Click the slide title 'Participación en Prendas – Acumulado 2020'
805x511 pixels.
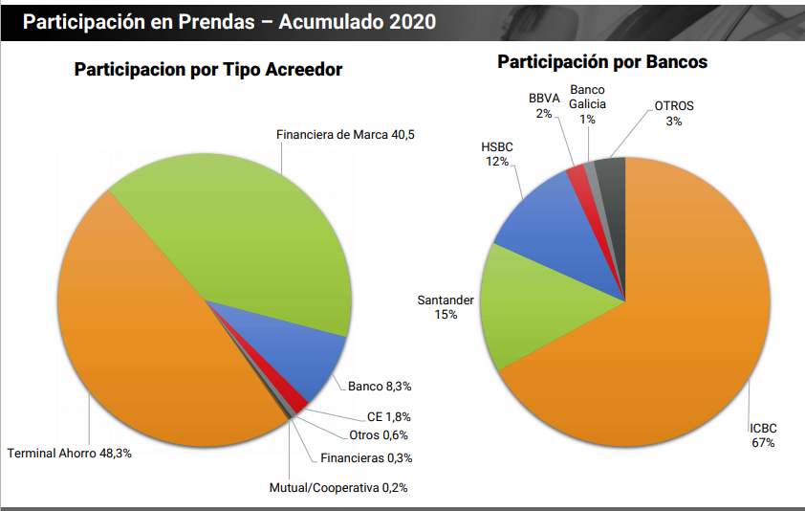pyautogui.click(x=229, y=21)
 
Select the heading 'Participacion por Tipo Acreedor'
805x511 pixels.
pyautogui.click(x=208, y=70)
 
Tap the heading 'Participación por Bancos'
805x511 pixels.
pyautogui.click(x=602, y=62)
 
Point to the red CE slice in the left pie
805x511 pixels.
pyautogui.click(x=299, y=402)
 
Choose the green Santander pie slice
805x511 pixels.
pyautogui.click(x=535, y=306)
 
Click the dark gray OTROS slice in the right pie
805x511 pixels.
pyautogui.click(x=611, y=177)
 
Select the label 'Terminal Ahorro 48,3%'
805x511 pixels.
pyautogui.click(x=70, y=453)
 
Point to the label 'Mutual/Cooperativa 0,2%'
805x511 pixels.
pyautogui.click(x=338, y=487)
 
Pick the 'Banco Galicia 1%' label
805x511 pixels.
pyautogui.click(x=587, y=103)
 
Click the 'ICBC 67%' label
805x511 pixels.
pyautogui.click(x=762, y=435)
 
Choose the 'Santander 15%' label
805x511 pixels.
pyautogui.click(x=446, y=307)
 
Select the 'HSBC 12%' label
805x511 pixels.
pyautogui.click(x=497, y=154)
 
